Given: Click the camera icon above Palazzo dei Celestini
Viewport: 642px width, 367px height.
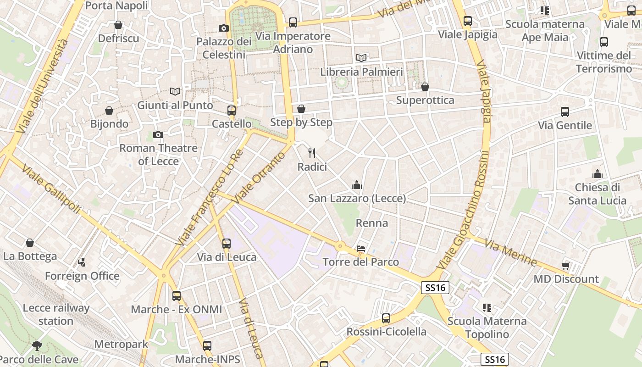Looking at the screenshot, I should tap(224, 28).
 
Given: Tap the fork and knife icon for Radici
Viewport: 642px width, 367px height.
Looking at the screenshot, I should tap(312, 153).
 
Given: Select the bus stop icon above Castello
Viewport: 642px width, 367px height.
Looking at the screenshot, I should tap(232, 110).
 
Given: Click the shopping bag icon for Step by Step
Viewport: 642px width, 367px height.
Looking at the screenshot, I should tap(301, 109).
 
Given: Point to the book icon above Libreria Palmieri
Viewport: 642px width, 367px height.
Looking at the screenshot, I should tap(361, 58).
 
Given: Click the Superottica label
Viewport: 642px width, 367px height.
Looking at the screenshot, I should tap(425, 100).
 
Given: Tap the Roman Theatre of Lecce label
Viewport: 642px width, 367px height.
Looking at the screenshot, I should tap(158, 155).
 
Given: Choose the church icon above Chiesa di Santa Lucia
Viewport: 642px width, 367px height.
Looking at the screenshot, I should tap(597, 174).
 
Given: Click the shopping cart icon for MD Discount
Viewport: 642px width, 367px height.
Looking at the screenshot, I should tap(566, 266).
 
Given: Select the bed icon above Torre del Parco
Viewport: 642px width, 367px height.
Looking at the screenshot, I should tap(361, 249).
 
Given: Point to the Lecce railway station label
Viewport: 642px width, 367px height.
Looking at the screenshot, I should tap(56, 314).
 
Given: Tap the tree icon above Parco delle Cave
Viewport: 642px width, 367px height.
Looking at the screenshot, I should tap(37, 345).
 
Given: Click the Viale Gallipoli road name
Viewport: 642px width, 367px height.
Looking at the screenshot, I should tap(50, 188).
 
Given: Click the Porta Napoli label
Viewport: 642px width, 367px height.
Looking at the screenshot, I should tap(116, 6).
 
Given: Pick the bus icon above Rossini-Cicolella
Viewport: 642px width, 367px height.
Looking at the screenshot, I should tap(386, 318).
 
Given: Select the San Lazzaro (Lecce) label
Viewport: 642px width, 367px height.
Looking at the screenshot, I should tap(357, 199).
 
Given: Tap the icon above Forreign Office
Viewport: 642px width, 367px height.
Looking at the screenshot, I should tap(82, 262).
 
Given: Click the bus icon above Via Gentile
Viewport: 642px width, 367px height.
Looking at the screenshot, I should tap(565, 111).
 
